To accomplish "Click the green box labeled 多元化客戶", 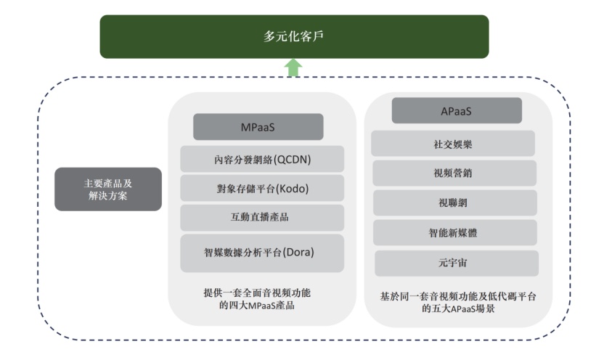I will coord(294,36).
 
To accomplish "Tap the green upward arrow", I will coord(293,67).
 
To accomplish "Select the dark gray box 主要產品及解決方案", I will coord(107,189).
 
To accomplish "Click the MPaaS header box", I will coord(258,127).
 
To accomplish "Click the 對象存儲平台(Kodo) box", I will coord(262,188).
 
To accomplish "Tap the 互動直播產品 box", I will coord(262,217).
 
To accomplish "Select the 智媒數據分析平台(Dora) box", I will coord(262,253).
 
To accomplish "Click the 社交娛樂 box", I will coord(454,144).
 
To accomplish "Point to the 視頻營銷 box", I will coord(454,173).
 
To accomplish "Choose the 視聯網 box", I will coord(454,203).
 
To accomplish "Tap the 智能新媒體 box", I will coord(454,233).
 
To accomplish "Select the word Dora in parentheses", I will coord(301,253).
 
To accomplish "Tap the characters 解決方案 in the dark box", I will coord(107,195).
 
